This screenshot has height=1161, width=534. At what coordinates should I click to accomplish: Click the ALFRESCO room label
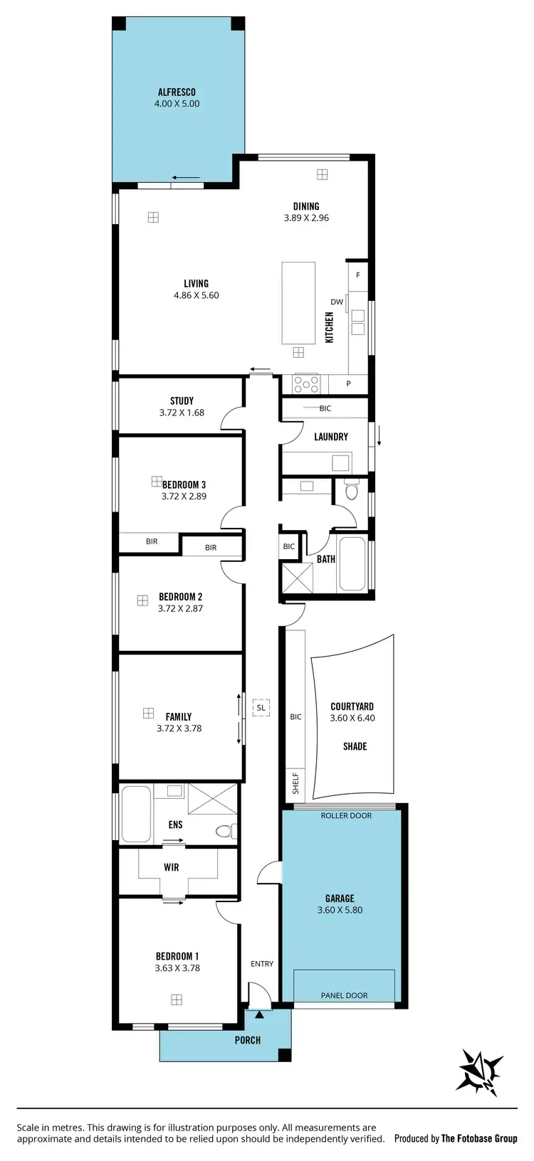click(177, 92)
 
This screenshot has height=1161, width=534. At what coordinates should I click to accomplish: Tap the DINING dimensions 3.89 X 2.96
click(306, 218)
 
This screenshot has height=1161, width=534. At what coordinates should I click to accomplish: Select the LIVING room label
click(197, 283)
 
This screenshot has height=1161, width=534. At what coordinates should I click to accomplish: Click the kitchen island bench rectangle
click(298, 302)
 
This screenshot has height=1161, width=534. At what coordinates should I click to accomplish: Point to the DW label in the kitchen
click(337, 302)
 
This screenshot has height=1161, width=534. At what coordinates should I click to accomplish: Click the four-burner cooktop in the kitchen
click(307, 384)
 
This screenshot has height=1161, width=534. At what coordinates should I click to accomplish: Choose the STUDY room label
click(182, 401)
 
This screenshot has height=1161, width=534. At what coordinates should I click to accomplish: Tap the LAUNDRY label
click(331, 437)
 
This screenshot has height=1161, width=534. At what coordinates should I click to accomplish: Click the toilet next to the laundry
click(351, 490)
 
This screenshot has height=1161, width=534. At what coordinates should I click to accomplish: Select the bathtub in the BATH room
click(352, 563)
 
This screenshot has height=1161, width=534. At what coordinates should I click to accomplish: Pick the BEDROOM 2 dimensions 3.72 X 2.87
click(180, 608)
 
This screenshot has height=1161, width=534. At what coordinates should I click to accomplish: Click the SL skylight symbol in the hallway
click(261, 708)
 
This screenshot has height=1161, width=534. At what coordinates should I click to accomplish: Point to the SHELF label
click(295, 784)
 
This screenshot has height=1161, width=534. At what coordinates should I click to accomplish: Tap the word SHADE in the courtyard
click(355, 746)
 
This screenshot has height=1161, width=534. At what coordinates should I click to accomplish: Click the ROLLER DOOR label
click(346, 815)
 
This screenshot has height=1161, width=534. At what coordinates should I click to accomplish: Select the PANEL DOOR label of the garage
click(344, 995)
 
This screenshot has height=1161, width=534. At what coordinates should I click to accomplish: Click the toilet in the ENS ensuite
click(224, 830)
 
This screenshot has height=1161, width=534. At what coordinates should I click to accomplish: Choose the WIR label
click(172, 868)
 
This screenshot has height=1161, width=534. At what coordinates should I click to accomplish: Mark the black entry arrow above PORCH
click(259, 1014)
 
